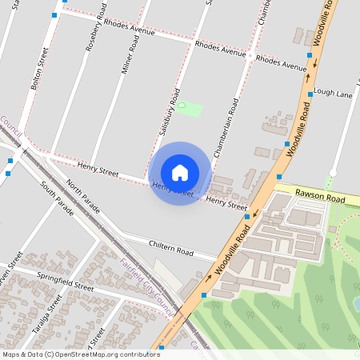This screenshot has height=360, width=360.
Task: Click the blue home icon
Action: point(180,173)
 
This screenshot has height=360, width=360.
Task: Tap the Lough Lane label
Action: point(334,94)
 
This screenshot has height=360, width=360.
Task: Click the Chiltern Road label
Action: point(171,246)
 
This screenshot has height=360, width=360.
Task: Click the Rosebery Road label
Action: point(94,33)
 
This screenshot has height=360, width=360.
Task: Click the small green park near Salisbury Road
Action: point(190,107)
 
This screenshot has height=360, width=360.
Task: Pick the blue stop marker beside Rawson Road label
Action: point(278,175)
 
